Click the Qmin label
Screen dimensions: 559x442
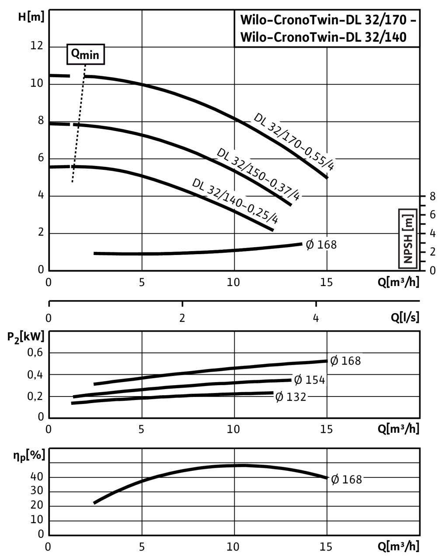(86, 54)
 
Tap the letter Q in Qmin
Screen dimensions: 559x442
(76, 53)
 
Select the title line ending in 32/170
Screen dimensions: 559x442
(327, 21)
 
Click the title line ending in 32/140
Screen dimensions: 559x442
(323, 37)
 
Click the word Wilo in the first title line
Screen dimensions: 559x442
(253, 21)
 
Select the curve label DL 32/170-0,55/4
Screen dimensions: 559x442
(295, 141)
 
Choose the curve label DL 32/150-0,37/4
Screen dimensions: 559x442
(259, 173)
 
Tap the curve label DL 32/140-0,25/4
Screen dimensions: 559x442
(235, 200)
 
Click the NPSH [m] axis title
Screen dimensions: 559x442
(408, 238)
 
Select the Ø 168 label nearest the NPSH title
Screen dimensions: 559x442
(321, 244)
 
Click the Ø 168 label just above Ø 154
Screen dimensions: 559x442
(345, 361)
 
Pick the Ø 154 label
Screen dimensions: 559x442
(310, 380)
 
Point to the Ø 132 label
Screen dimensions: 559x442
(291, 397)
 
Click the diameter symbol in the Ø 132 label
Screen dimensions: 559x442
(279, 397)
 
